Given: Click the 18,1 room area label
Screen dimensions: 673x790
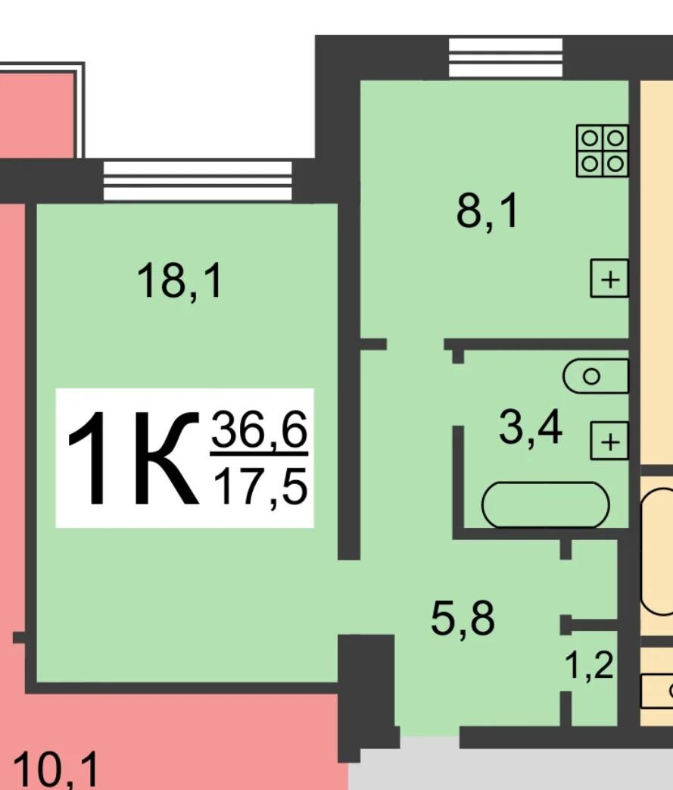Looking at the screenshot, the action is [x=180, y=282].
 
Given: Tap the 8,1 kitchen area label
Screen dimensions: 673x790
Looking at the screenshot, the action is [x=487, y=212].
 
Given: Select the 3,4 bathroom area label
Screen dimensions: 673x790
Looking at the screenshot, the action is [x=531, y=428].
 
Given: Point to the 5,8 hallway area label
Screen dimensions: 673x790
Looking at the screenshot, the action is [x=463, y=620].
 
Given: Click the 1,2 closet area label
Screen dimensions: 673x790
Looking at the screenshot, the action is [x=589, y=666].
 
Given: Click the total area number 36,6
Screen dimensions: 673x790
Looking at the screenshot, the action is [x=259, y=429].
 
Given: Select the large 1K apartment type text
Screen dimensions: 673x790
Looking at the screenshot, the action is [x=132, y=458].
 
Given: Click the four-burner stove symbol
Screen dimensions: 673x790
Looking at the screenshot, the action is [x=603, y=151].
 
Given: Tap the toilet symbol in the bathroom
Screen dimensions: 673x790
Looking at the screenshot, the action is [x=596, y=376].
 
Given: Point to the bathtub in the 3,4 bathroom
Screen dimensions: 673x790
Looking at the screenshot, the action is [x=546, y=505].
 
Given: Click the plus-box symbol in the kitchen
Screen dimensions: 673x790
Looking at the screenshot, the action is [x=609, y=278].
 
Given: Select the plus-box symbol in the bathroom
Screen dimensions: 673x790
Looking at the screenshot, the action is [x=609, y=441].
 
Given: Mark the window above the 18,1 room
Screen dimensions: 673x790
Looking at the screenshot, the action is [x=198, y=180].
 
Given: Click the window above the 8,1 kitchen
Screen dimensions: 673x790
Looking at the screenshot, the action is [x=506, y=58].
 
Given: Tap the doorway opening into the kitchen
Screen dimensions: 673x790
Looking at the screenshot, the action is [x=415, y=344].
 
